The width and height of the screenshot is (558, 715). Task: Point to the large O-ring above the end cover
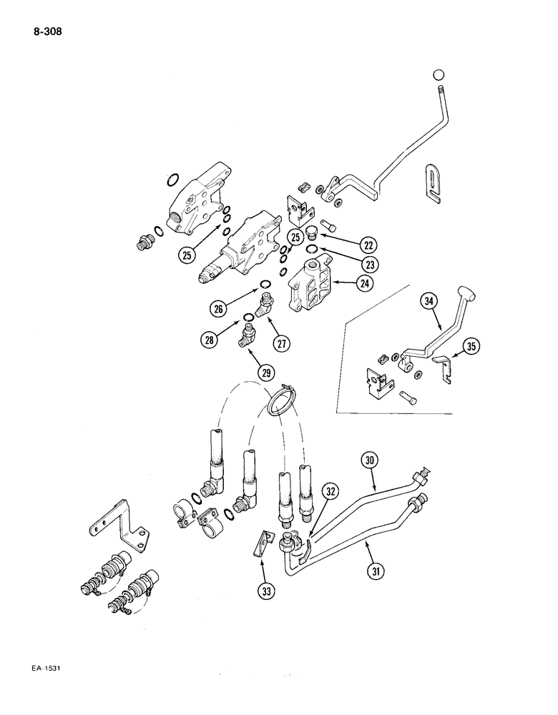click(172, 177)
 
